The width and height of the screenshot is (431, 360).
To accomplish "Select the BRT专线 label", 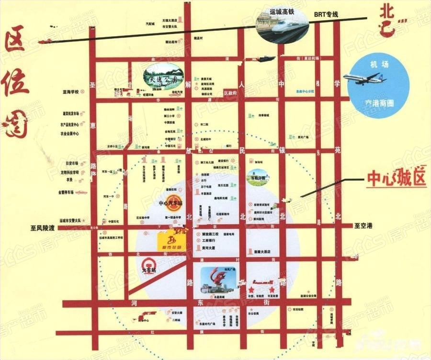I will pyautogui.click(x=326, y=15).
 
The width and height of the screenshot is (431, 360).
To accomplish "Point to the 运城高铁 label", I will pyautogui.click(x=281, y=11).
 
